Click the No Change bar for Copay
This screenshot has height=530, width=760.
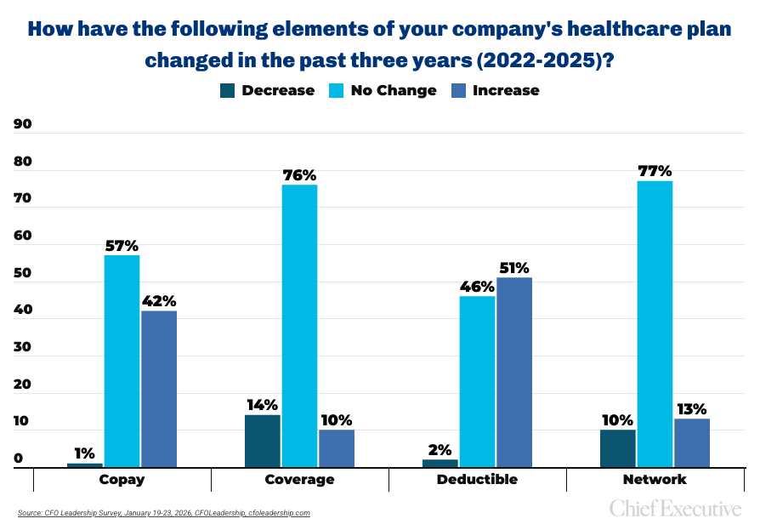click(x=122, y=361)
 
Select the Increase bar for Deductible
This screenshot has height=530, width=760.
click(x=514, y=372)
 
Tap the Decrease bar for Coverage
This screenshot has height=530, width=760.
click(x=263, y=441)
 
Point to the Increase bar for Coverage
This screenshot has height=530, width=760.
click(x=337, y=448)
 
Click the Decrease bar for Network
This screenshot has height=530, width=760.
click(x=618, y=448)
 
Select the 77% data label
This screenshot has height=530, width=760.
click(x=655, y=170)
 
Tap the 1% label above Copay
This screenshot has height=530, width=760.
click(x=84, y=453)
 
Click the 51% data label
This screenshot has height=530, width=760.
click(x=514, y=267)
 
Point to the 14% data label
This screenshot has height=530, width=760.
click(x=262, y=405)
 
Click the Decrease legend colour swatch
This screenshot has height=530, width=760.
click(x=227, y=90)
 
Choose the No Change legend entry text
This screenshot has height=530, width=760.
click(x=394, y=90)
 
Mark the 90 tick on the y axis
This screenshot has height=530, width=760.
click(x=22, y=124)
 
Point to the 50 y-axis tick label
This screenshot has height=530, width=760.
click(x=22, y=273)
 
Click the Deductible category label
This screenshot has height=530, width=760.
click(x=477, y=479)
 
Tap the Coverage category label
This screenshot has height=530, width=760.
click(x=299, y=479)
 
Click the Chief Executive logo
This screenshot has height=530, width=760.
click(x=675, y=509)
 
